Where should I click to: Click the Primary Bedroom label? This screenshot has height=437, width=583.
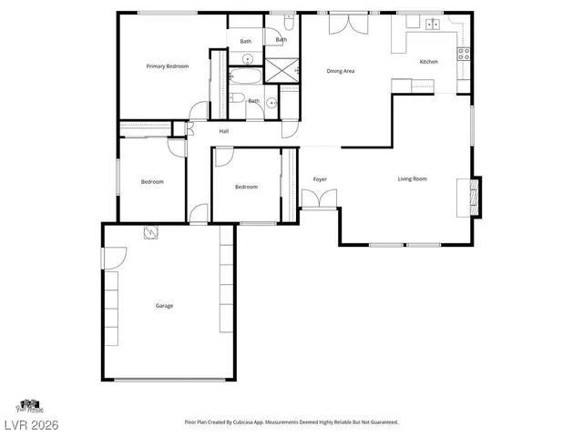click(x=168, y=66)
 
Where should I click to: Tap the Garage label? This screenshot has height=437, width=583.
click(x=164, y=306)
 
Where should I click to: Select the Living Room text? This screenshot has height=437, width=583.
click(x=412, y=178)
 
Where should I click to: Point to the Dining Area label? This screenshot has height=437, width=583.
click(x=341, y=71)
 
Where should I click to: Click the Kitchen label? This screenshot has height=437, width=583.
click(x=428, y=62)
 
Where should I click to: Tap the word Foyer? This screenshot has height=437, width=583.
click(x=320, y=179)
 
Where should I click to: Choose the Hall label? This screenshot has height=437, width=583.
click(x=223, y=132)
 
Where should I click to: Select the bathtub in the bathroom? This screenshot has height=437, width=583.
click(x=243, y=76)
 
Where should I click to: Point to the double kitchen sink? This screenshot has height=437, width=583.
click(x=433, y=24)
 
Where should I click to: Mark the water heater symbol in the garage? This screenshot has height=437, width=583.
click(x=149, y=234)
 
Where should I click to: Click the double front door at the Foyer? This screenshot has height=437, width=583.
click(x=319, y=198)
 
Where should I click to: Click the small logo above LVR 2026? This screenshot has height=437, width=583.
click(x=29, y=405)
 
